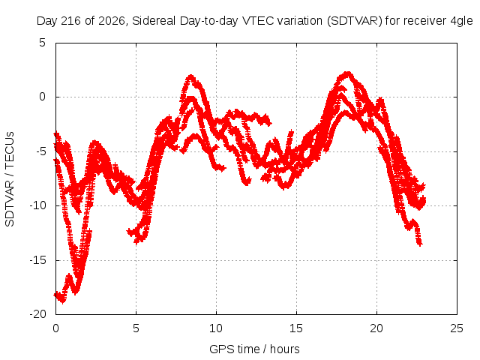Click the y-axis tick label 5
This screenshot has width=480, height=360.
click(x=42, y=43)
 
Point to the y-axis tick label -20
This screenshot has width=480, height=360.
click(x=37, y=314)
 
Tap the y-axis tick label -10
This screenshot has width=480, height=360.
click(x=37, y=205)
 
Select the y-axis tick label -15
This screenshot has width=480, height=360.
click(x=37, y=260)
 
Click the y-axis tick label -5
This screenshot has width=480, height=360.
click(x=40, y=151)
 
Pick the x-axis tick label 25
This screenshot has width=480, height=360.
click(x=457, y=328)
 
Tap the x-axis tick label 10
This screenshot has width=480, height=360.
click(x=216, y=328)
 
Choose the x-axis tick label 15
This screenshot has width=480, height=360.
click(x=296, y=328)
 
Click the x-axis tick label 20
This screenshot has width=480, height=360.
click(x=376, y=328)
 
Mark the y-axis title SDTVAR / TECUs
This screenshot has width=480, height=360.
click(x=10, y=179)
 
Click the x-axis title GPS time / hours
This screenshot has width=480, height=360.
click(x=254, y=349)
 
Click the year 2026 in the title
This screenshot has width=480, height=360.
click(x=112, y=21)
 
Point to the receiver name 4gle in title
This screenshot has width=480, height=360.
click(x=462, y=22)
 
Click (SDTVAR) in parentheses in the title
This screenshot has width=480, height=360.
click(x=355, y=21)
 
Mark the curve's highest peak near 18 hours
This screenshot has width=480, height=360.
click(x=347, y=73)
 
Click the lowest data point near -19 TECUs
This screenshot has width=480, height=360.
click(x=63, y=301)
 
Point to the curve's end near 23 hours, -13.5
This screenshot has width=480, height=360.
click(x=420, y=244)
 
